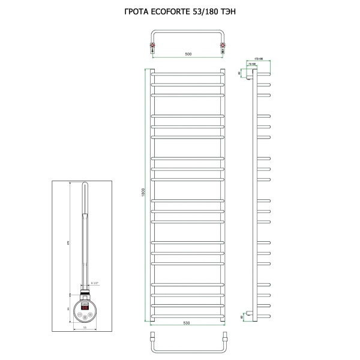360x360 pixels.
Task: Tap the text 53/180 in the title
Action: pos(207,10)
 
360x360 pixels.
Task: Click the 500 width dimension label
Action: pos(188,55)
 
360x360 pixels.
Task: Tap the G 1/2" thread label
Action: pos(94,282)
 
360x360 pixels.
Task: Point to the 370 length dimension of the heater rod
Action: pos(71,236)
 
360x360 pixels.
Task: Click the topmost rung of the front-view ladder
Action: pos(187,73)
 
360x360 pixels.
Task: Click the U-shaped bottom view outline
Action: pos(187,347)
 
